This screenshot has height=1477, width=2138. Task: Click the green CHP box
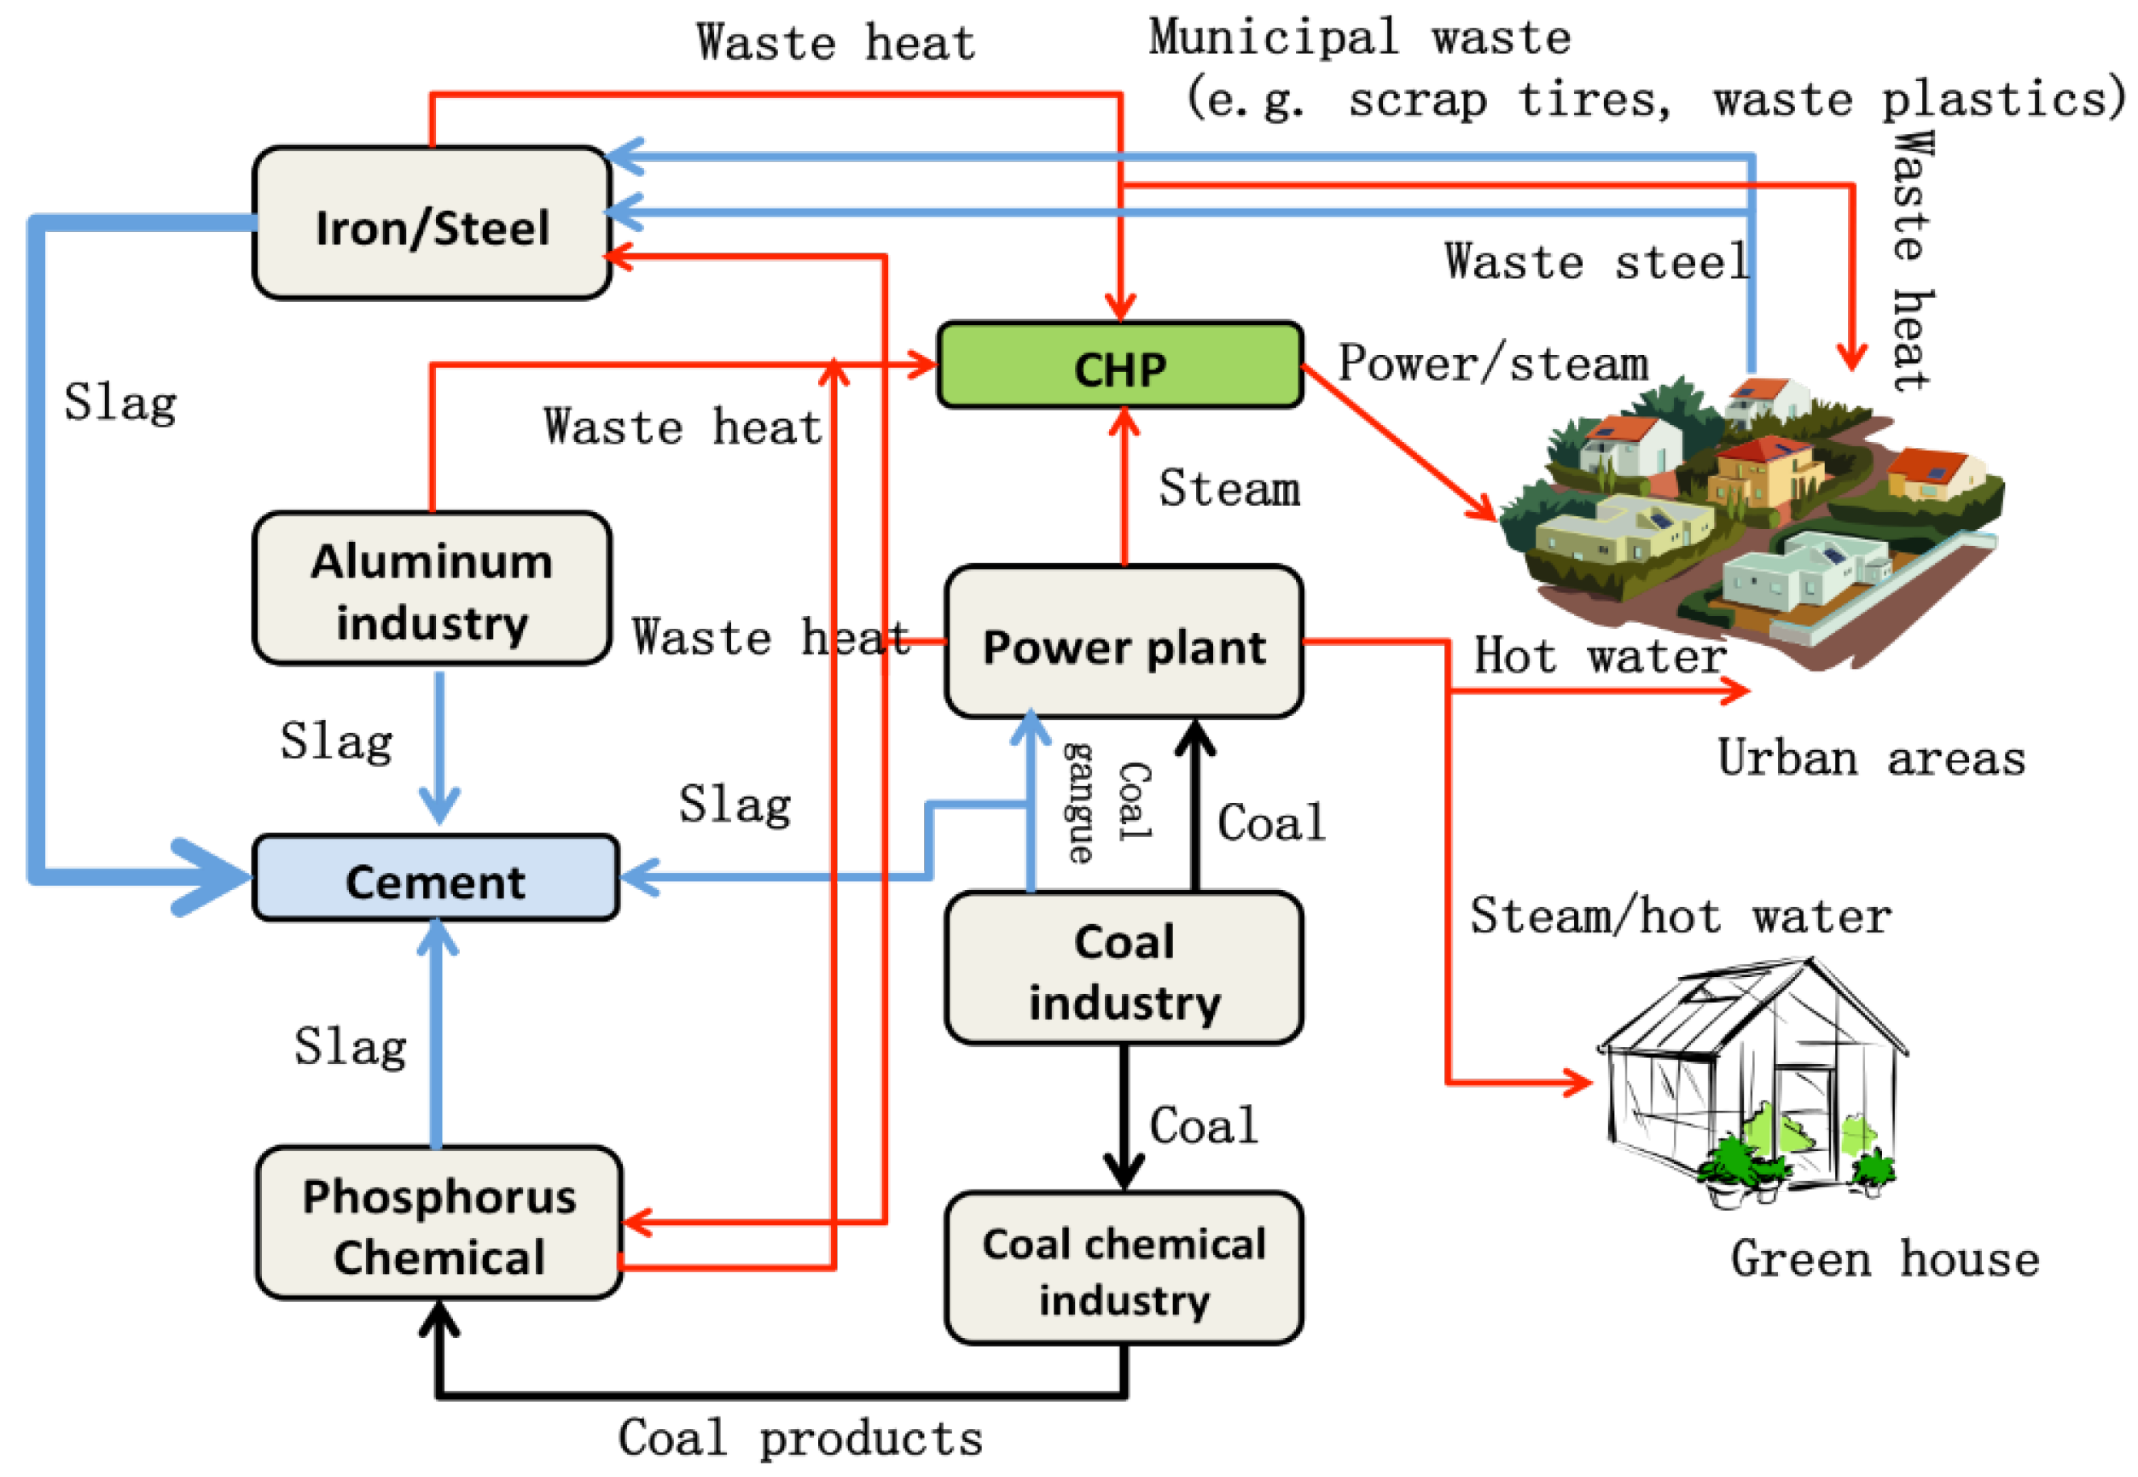point(1119,365)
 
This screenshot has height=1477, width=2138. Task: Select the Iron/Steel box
point(431,224)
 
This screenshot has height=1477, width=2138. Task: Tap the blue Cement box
point(436,877)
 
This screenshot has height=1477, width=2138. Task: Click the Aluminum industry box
point(431,589)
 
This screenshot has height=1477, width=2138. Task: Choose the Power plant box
point(1123,643)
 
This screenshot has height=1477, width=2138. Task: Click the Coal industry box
point(1123,968)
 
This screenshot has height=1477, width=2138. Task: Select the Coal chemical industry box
point(1123,1268)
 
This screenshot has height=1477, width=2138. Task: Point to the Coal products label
point(799,1438)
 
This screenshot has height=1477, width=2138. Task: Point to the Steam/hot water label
point(1679,916)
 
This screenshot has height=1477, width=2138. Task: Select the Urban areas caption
point(1870,759)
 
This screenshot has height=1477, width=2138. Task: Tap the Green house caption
point(1884,1259)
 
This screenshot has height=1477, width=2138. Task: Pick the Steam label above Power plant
point(1228,488)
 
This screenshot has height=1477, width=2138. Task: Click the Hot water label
point(1599,655)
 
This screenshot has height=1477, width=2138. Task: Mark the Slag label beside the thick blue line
point(120,403)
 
